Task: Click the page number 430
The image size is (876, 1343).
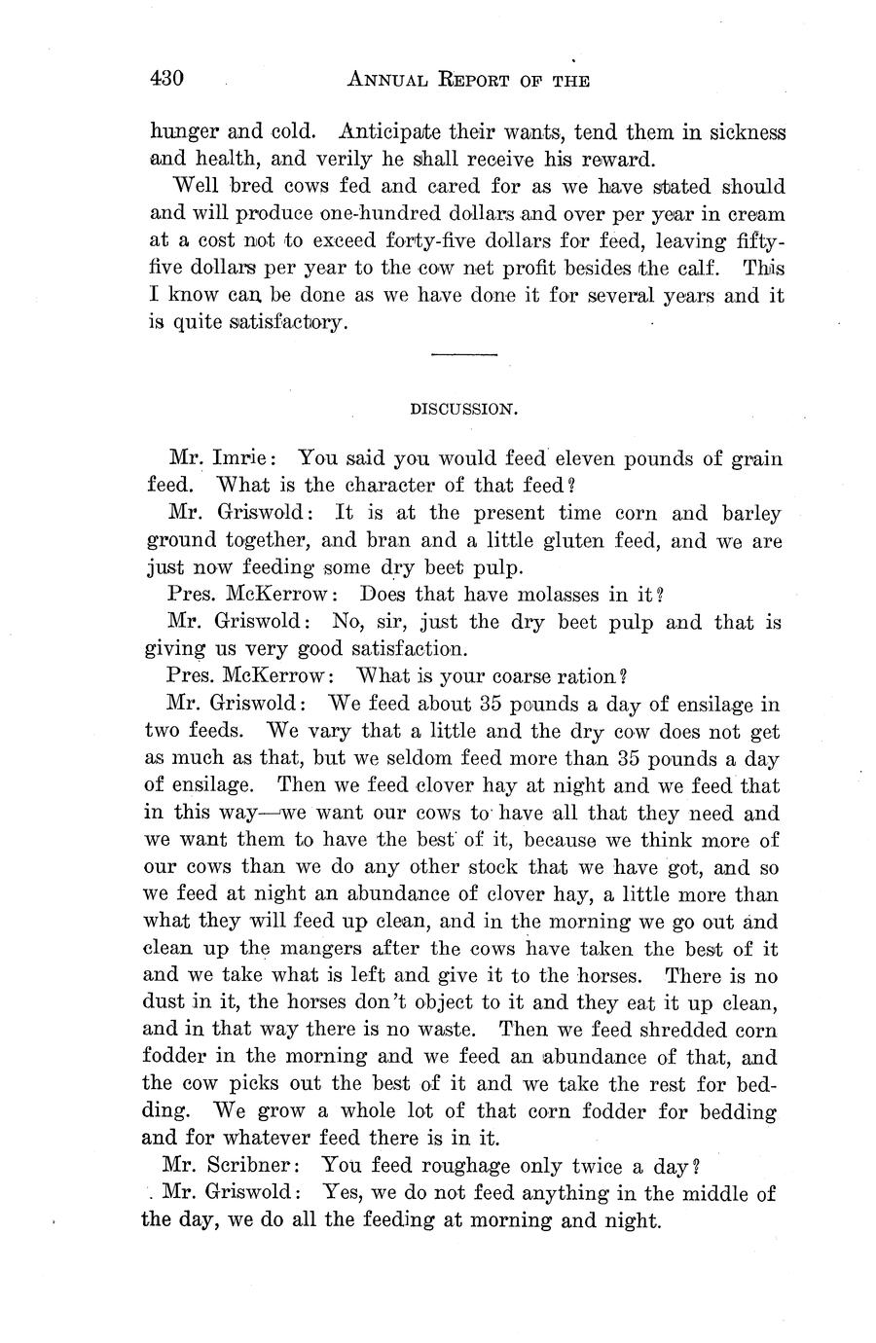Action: [167, 79]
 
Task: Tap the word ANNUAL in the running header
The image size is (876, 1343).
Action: [388, 81]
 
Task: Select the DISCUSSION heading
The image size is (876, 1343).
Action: [462, 410]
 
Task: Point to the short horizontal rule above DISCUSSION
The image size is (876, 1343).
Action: [463, 354]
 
